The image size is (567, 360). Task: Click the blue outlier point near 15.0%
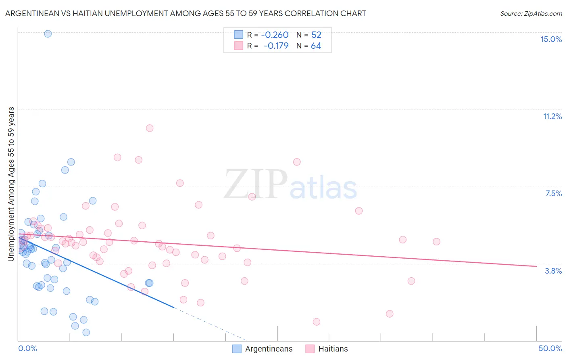pos(48,34)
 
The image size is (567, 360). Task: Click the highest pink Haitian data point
pos(150,128)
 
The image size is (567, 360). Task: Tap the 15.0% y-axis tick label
pos(551,39)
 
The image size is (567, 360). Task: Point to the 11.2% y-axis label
pos(552,116)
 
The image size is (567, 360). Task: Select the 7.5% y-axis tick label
pos(553,193)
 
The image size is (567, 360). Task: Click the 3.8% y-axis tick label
pos(553,271)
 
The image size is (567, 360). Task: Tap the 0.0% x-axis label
pos(27,348)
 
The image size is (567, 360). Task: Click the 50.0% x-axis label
pos(550,348)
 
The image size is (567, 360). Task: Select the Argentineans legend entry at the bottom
pos(263,349)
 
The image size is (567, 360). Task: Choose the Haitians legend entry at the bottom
pos(327,349)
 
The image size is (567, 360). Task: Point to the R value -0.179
pos(276,46)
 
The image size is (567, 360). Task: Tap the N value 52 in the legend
pos(316,35)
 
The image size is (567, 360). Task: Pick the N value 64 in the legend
pos(316,46)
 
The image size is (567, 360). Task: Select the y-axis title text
pos(11,184)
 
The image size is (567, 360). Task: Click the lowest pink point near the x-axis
pos(317,322)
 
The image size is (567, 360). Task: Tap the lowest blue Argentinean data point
pos(86,333)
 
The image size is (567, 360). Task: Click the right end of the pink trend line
pos(536,266)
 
